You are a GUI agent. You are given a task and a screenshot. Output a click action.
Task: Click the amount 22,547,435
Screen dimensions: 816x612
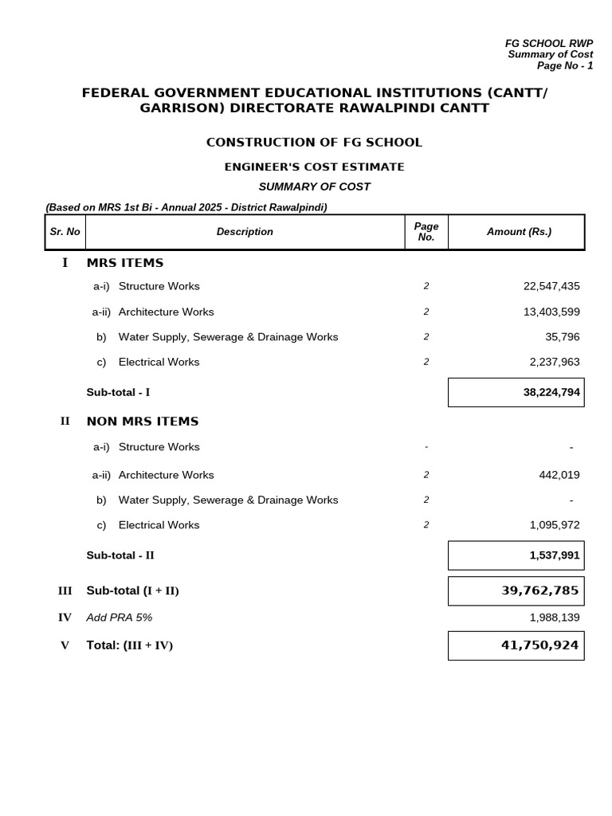click(551, 286)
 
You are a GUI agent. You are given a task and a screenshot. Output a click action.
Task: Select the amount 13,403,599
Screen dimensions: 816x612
click(551, 312)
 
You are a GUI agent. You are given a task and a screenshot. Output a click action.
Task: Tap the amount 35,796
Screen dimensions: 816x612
click(562, 337)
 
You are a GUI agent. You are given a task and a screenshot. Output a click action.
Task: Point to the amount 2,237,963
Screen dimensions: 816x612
click(555, 362)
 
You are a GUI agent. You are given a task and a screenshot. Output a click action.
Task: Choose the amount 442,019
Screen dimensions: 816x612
click(559, 475)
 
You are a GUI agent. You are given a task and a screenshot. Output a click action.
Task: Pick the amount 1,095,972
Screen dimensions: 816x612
click(555, 525)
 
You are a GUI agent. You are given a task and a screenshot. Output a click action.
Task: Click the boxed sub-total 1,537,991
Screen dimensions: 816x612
click(555, 555)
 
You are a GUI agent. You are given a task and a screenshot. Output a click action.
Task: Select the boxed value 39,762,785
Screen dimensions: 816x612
click(539, 590)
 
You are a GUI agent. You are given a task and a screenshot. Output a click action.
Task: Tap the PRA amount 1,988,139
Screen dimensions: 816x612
click(555, 618)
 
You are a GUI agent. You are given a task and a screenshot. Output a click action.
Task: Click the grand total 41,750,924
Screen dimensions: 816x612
click(539, 645)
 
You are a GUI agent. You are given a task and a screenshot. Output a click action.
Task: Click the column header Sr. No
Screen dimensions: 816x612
click(65, 232)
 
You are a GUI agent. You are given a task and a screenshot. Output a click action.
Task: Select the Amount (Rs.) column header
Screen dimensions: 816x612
click(519, 232)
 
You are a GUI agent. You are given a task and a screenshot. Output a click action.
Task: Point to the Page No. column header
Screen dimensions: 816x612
click(426, 232)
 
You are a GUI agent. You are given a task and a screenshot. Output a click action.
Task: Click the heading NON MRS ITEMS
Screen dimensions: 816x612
click(143, 422)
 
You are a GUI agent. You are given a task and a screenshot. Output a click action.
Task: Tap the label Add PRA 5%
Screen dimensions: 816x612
click(119, 618)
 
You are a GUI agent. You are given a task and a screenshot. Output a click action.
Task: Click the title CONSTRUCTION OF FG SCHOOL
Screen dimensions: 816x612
click(314, 143)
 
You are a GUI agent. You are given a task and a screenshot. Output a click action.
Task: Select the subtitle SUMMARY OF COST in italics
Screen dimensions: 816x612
click(314, 186)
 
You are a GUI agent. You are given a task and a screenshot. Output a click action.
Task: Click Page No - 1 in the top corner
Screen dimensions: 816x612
click(564, 66)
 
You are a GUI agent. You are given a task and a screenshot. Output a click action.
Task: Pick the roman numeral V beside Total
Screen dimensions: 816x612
click(65, 645)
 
